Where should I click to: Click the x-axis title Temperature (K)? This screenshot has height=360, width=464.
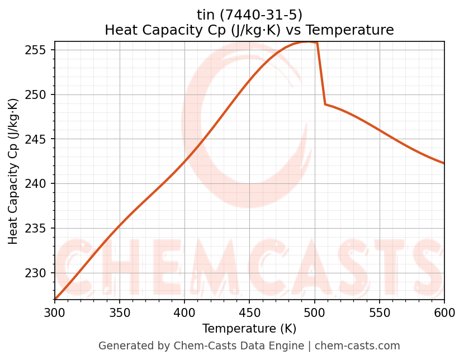[x=249, y=329]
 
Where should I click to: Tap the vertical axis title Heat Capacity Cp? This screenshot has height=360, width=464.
[x=13, y=171]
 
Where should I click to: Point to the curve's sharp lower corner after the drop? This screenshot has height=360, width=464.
[x=325, y=104]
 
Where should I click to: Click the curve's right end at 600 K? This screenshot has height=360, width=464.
[x=444, y=163]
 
